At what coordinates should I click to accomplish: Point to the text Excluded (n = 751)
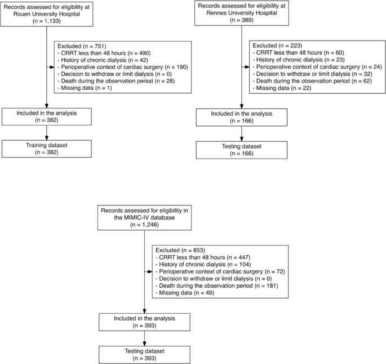(79, 45)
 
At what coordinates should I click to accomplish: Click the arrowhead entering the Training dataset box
(46, 139)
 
